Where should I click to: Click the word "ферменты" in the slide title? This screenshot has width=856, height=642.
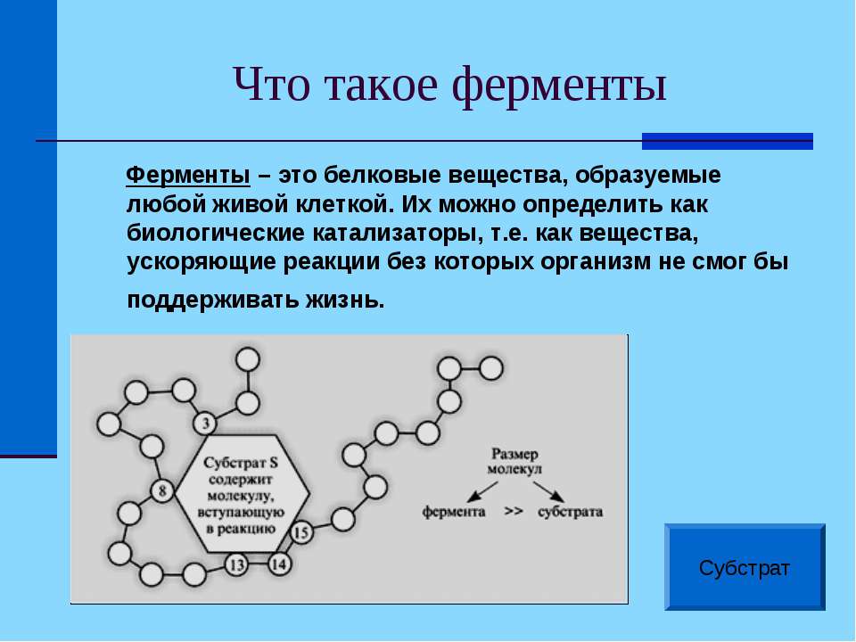(x=560, y=86)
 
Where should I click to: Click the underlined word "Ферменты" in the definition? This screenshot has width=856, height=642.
(x=188, y=176)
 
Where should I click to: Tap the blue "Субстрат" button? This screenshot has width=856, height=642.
(x=745, y=567)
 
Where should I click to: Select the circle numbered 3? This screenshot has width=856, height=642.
(x=205, y=423)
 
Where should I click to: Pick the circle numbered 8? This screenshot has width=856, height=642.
(x=162, y=490)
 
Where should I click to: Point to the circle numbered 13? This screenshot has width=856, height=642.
(x=236, y=564)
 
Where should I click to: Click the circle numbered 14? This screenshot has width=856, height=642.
(x=279, y=564)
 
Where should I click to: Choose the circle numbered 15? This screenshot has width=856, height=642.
(x=300, y=531)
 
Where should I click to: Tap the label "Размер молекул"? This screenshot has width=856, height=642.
(x=514, y=461)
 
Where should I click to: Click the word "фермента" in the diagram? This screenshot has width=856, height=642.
(x=454, y=512)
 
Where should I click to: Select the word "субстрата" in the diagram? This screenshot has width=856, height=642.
(x=570, y=512)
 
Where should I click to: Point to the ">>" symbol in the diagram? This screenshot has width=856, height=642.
(x=514, y=512)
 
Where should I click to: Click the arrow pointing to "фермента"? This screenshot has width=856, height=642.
(x=482, y=492)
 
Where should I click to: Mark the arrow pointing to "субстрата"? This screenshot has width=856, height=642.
(x=548, y=492)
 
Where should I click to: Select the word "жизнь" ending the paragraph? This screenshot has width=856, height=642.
(x=344, y=300)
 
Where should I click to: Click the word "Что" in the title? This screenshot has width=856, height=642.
(x=271, y=86)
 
